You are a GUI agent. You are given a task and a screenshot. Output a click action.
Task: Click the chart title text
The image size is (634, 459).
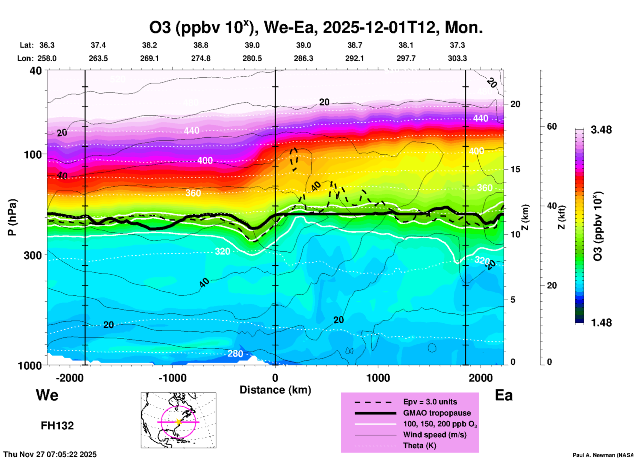[x=316, y=27]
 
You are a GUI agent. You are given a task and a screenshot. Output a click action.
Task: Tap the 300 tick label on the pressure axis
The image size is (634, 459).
[x=33, y=255]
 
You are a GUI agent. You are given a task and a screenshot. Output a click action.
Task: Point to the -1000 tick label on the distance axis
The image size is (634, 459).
[x=172, y=378]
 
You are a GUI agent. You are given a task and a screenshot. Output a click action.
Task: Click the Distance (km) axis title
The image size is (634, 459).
[x=275, y=390]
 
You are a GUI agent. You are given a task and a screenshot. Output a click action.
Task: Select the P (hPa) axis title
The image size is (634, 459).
[x=12, y=217]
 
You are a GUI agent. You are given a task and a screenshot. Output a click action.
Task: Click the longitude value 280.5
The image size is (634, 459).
[x=252, y=58]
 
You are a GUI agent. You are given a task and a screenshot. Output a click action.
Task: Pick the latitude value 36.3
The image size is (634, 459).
[x=47, y=45]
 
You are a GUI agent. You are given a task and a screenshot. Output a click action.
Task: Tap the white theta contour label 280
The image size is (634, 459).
[x=235, y=354]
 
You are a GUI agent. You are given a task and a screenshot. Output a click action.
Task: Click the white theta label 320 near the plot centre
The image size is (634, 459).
[x=223, y=252]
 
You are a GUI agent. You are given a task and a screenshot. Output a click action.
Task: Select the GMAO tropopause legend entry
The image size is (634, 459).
[x=437, y=413]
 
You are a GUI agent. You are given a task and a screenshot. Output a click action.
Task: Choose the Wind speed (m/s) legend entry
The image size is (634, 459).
[x=435, y=435]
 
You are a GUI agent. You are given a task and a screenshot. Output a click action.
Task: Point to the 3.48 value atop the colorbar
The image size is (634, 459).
[x=601, y=130]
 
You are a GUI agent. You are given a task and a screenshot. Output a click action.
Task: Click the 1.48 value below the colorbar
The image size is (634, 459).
[x=601, y=323]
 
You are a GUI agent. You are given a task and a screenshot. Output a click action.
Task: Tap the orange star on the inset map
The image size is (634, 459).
[x=178, y=421]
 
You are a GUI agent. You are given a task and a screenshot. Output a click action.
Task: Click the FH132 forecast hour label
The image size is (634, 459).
[x=57, y=426]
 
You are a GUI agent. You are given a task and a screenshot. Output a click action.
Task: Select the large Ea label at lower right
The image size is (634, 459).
[x=504, y=395]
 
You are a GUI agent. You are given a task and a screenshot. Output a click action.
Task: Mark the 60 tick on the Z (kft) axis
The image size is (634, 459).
[x=552, y=126]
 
